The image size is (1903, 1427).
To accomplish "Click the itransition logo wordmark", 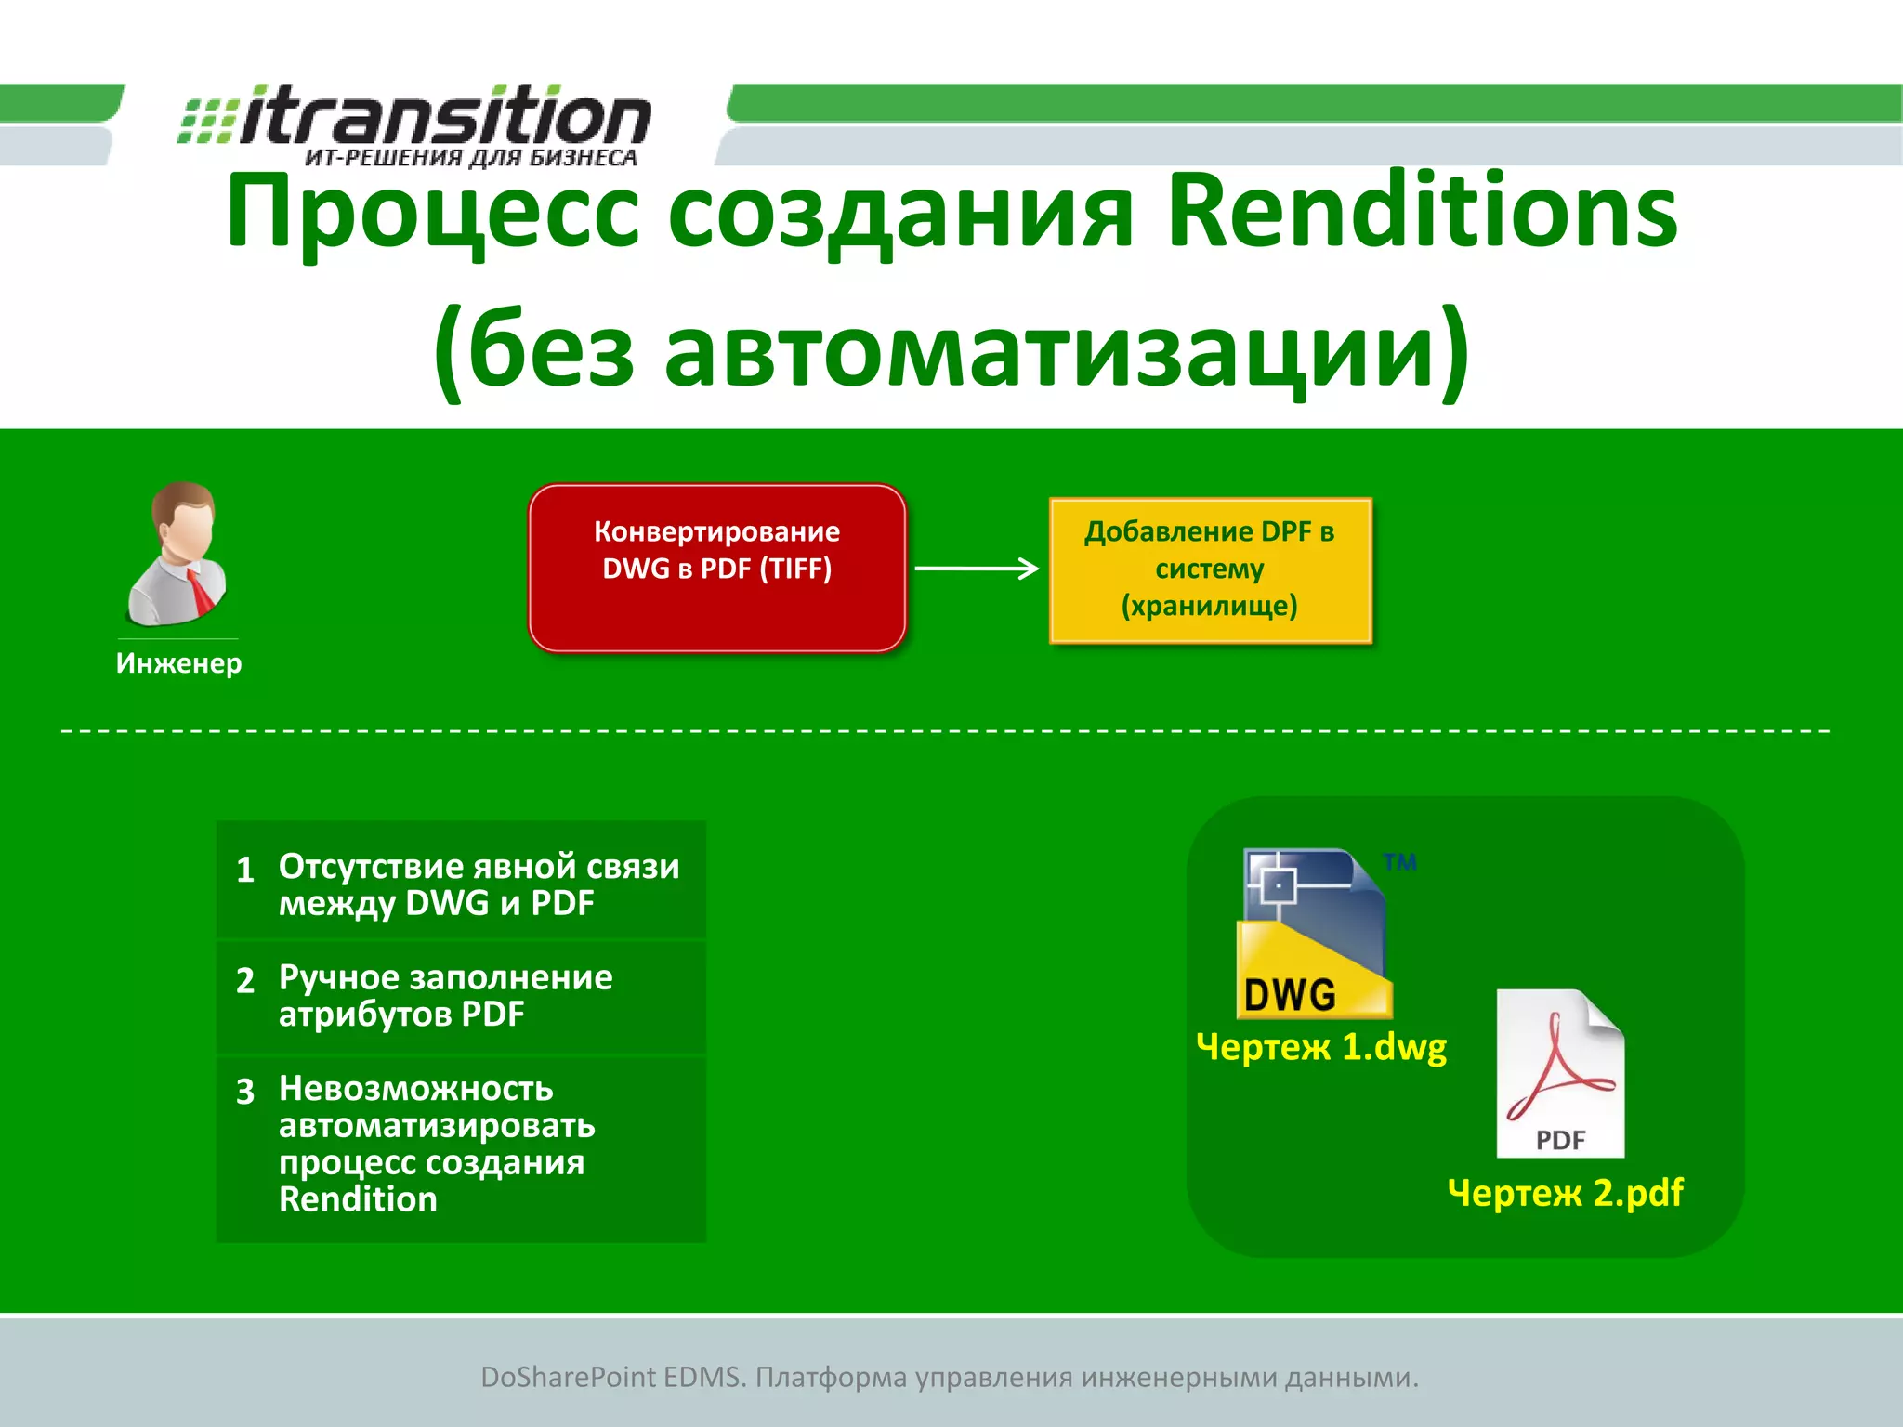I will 444,115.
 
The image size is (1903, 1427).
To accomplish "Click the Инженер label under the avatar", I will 178,663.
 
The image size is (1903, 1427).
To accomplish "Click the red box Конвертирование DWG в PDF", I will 716,568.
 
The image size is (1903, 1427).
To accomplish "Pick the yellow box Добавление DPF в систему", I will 1210,569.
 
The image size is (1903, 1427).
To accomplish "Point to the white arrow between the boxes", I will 976,569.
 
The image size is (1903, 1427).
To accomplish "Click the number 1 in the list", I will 245,870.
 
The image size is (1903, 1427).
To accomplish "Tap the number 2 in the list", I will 245,980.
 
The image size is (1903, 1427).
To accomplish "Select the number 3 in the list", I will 245,1091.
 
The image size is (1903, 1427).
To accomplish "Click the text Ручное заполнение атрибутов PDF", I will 445,996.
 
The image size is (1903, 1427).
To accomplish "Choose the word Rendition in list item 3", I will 358,1199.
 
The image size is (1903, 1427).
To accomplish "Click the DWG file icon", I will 1314,933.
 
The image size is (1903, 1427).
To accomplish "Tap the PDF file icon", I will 1560,1074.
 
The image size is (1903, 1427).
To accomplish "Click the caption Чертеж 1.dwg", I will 1321,1047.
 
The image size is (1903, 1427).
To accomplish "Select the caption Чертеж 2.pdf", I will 1565,1193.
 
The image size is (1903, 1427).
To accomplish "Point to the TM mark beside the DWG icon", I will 1399,862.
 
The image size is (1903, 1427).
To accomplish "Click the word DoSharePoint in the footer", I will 567,1377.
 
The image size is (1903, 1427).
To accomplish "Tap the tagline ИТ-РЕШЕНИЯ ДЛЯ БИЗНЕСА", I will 471,158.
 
